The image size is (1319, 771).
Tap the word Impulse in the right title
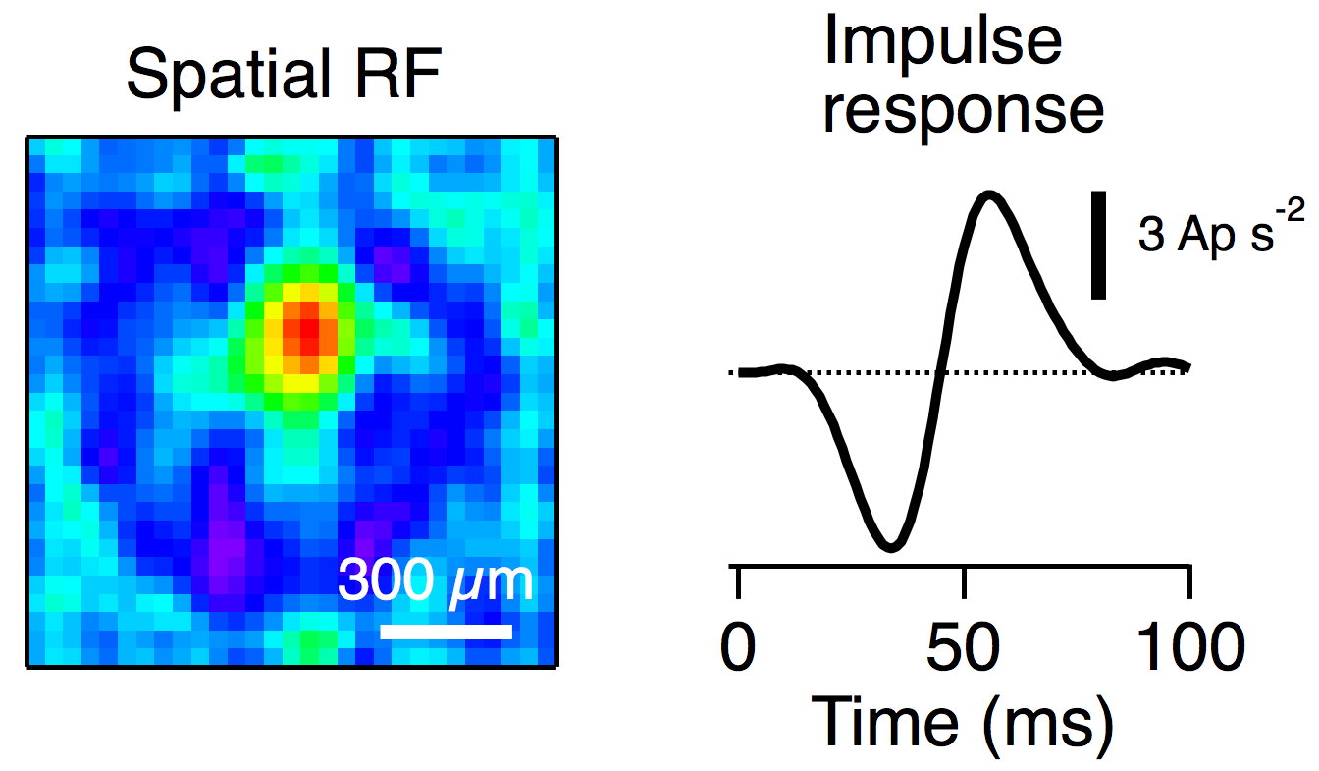coord(941,43)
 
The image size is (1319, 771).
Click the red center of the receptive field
coord(307,330)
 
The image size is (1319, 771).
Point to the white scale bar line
coord(446,631)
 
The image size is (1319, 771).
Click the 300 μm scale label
coord(435,581)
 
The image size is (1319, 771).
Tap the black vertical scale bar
coord(1100,245)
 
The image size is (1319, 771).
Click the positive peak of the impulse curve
coord(988,194)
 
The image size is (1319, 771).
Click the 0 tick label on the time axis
coord(738,652)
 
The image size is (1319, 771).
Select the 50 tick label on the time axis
coord(965,652)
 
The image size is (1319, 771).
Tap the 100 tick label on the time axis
coord(1190,652)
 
